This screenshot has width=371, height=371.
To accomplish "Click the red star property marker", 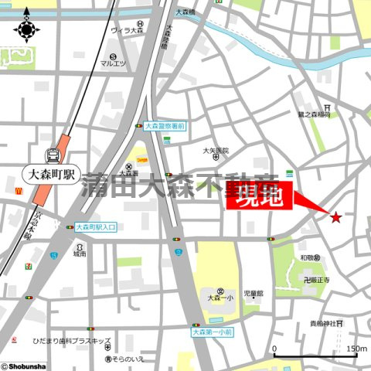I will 335,217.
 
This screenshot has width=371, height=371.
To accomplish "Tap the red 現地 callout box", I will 258,196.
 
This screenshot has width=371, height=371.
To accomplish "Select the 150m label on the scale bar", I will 356,349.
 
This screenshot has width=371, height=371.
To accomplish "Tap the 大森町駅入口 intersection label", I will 97,227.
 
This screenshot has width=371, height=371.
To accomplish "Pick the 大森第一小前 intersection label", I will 216,332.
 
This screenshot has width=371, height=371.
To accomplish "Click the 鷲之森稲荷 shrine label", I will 314,114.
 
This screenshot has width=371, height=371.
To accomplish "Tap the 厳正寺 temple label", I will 316,280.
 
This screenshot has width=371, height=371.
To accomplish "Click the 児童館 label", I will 254,294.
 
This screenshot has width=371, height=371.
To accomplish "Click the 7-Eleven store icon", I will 29,265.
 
